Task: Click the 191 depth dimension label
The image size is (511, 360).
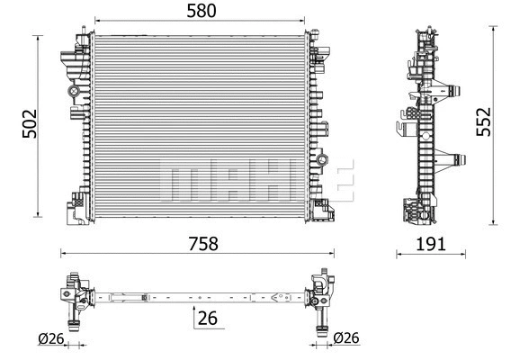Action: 432,243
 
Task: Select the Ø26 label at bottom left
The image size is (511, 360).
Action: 50,340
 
